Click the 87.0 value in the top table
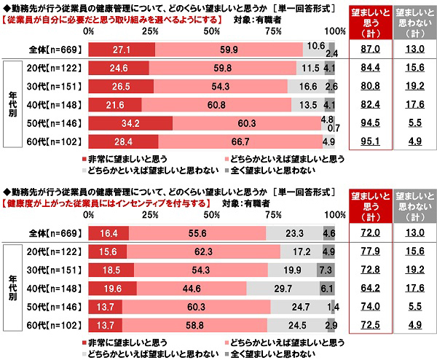tap(371, 48)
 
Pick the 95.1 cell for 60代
tap(371, 141)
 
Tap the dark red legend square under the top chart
tap(85, 157)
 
